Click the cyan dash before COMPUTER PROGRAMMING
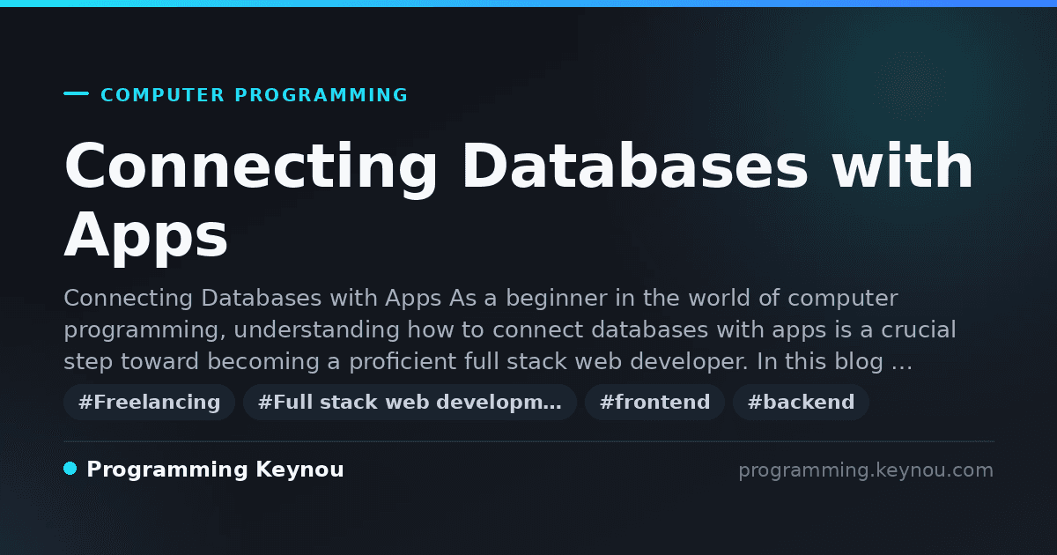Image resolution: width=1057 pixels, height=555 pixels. (x=76, y=93)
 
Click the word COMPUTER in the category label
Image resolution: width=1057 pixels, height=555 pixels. (x=163, y=95)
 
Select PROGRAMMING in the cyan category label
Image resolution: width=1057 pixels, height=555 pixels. (x=322, y=95)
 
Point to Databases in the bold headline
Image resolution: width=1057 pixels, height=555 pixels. (x=636, y=166)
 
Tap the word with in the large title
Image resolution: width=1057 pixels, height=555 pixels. (x=902, y=166)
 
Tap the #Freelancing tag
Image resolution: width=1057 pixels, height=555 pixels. (x=149, y=402)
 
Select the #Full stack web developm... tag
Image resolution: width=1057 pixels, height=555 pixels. (x=410, y=402)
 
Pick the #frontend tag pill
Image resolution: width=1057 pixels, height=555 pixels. (x=654, y=402)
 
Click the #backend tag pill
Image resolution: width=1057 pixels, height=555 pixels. (x=801, y=402)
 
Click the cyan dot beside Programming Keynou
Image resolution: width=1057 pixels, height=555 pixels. (x=70, y=469)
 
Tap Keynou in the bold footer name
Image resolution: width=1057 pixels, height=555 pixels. (x=299, y=469)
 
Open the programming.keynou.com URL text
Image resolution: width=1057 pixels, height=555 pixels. (x=866, y=470)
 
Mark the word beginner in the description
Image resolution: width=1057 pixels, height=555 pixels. (x=557, y=299)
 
